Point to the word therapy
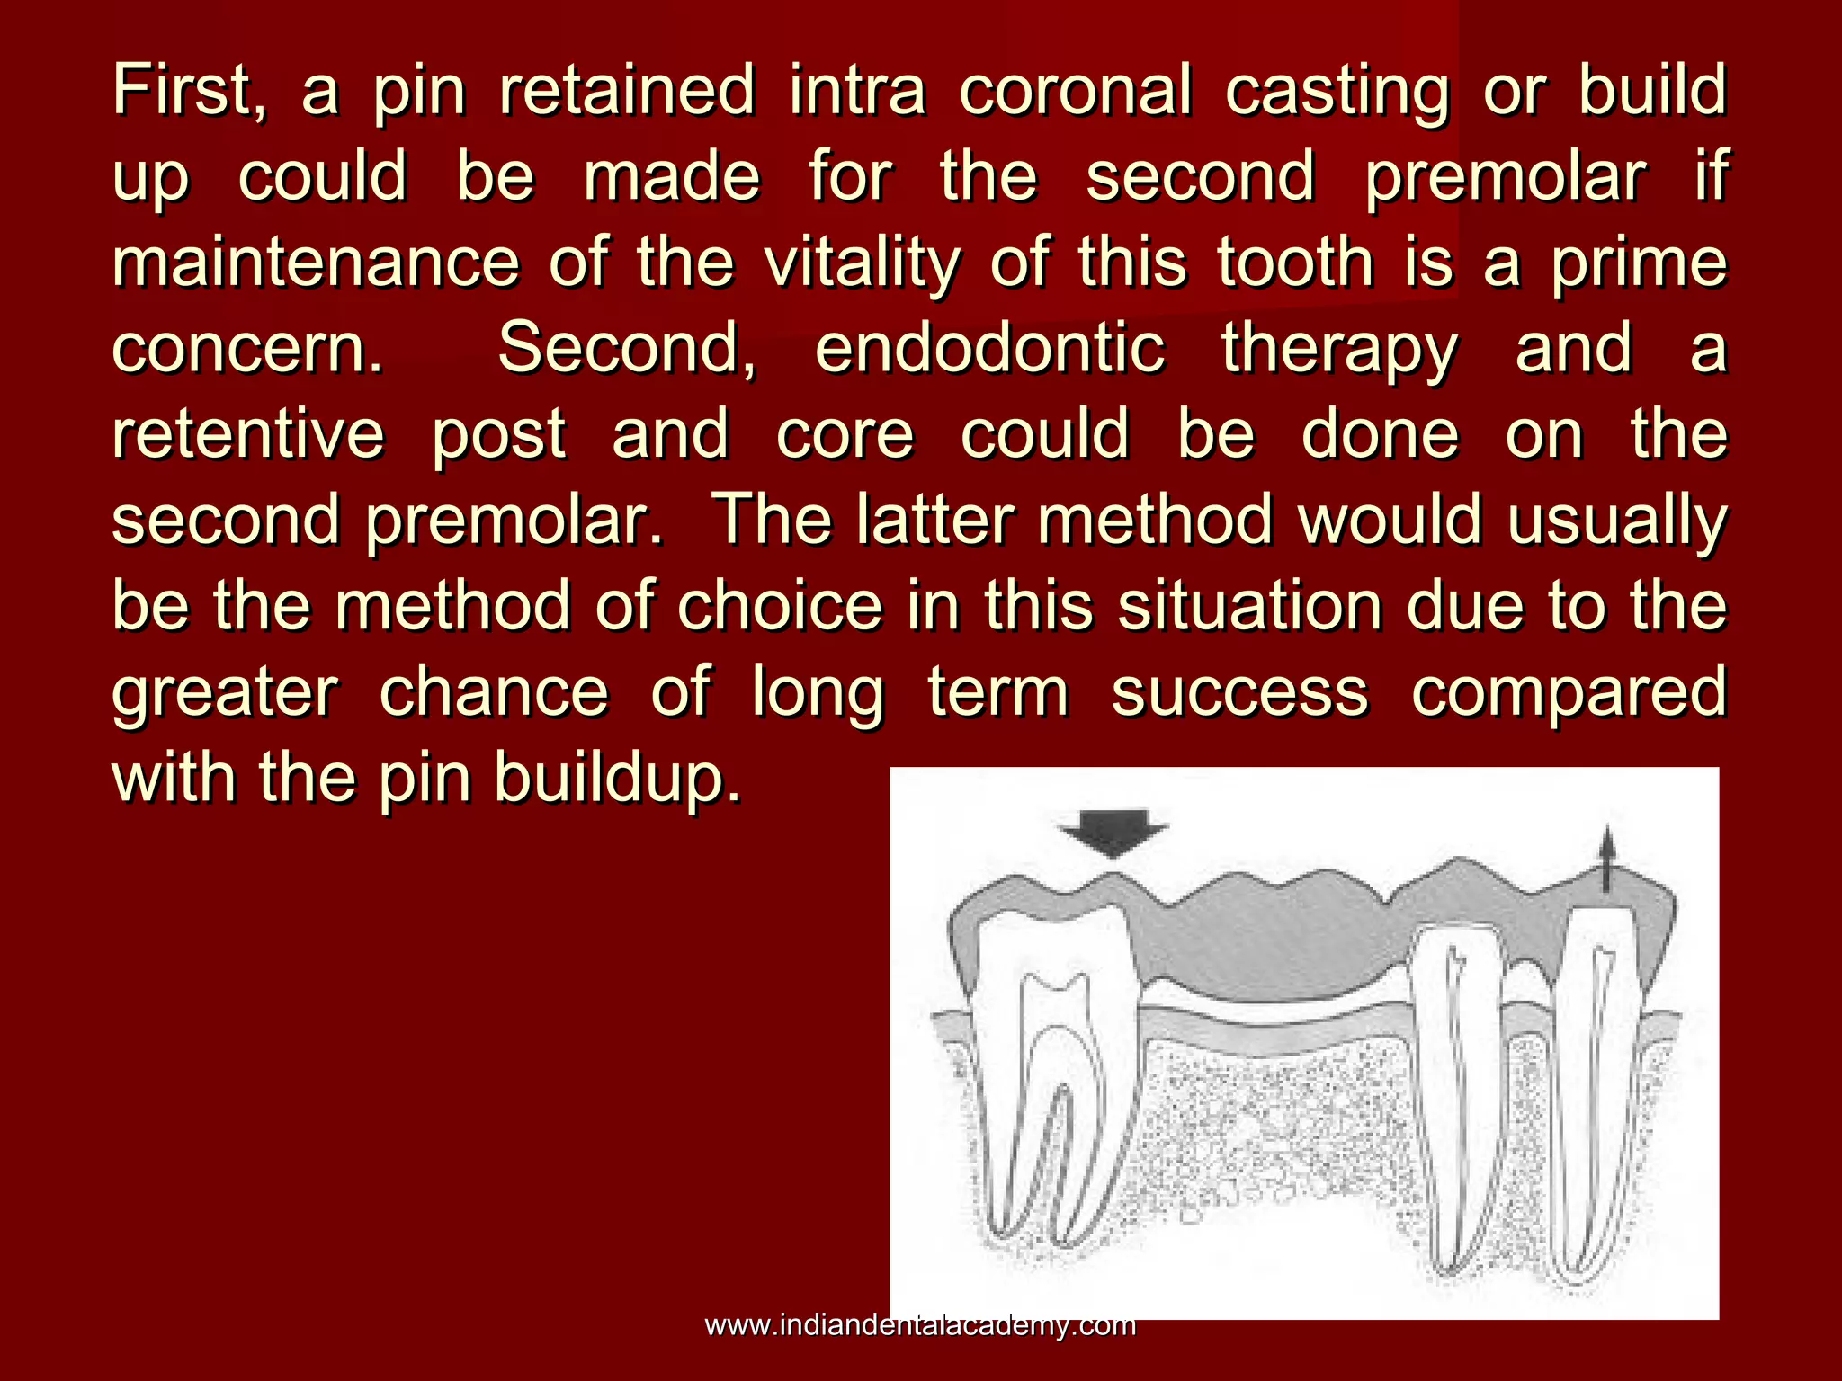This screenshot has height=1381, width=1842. click(x=1339, y=351)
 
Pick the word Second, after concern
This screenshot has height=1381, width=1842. click(x=627, y=349)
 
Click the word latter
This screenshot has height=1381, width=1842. click(x=935, y=520)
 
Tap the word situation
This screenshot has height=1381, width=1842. click(x=1250, y=606)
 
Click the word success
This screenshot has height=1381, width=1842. click(x=1239, y=691)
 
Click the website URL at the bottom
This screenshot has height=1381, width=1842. click(x=920, y=1325)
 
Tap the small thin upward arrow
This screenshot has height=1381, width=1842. click(x=1607, y=859)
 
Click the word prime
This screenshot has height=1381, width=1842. click(x=1639, y=264)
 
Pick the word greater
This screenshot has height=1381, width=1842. click(x=225, y=693)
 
